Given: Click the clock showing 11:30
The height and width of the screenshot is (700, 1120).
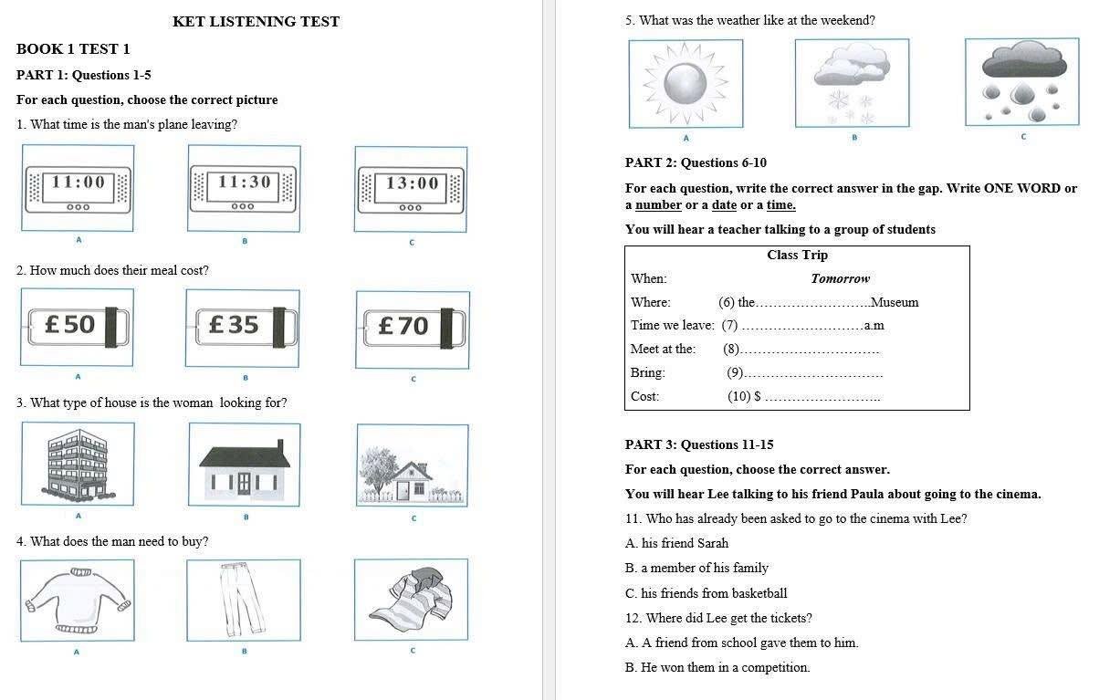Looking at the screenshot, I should pos(243,189).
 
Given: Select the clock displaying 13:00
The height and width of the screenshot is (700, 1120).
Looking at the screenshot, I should pos(411,190).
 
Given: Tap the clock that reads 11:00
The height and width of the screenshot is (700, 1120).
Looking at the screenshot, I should pos(78,188).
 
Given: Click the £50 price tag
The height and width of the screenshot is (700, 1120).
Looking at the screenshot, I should pos(78,327).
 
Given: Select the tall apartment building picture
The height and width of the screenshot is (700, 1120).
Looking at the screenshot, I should pos(78,464).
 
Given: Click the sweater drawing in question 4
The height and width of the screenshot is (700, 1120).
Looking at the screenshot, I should pos(78,600).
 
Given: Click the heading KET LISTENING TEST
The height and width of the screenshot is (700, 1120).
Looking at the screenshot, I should pos(256,22).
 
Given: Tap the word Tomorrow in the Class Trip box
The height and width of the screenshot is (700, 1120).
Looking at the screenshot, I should pos(840,279).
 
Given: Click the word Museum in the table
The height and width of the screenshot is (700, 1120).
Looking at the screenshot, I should pos(895,303).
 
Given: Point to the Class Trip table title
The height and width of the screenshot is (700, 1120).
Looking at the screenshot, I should pos(797,256).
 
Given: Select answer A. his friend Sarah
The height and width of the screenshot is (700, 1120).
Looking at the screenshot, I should pos(676,543).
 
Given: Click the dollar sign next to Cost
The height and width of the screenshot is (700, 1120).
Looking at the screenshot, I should pos(757,397).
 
